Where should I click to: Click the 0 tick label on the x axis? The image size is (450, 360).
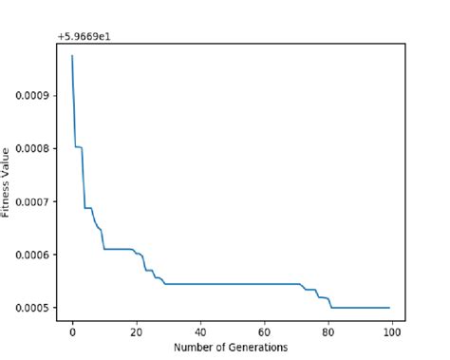click(72, 332)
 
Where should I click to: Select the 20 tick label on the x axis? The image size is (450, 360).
click(136, 332)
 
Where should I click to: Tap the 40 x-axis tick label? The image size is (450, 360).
click(200, 332)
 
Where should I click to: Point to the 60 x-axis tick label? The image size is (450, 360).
click(265, 332)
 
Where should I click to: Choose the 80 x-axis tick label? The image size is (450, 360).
click(328, 332)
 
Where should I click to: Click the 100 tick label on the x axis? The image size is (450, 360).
click(393, 332)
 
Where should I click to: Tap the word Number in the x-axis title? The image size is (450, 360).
click(194, 348)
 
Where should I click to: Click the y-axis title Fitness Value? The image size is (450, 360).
click(8, 180)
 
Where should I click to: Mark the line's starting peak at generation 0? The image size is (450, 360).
click(72, 56)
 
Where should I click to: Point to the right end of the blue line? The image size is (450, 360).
click(389, 308)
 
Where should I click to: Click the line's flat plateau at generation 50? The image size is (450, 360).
click(233, 284)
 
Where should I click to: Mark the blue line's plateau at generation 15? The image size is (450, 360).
click(120, 249)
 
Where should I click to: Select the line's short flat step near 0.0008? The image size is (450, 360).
click(79, 146)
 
